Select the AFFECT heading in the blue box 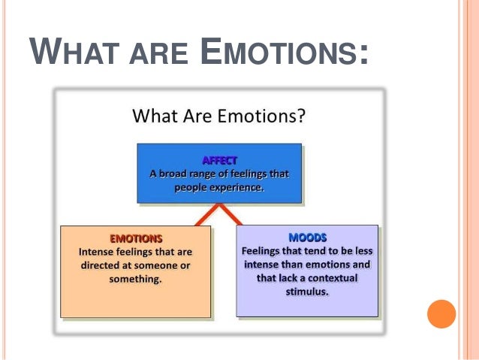[x=218, y=160]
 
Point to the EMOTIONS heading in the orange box [x=135, y=237]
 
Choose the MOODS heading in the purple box [x=307, y=237]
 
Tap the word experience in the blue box [x=238, y=187]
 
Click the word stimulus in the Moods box [x=307, y=292]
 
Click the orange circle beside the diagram [x=441, y=314]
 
